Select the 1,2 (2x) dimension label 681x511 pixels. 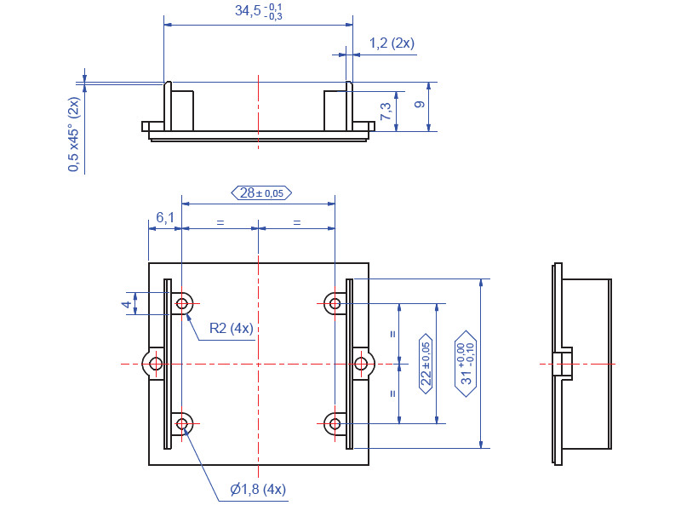pyautogui.click(x=392, y=43)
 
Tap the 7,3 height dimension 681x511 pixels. pyautogui.click(x=386, y=111)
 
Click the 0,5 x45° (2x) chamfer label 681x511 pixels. pyautogui.click(x=74, y=135)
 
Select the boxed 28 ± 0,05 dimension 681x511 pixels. pyautogui.click(x=261, y=193)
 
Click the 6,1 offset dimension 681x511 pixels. pyautogui.click(x=164, y=218)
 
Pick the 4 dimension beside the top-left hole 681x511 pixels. pyautogui.click(x=126, y=303)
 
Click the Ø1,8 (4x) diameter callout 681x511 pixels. pyautogui.click(x=258, y=489)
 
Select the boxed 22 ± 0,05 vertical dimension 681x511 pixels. pyautogui.click(x=426, y=362)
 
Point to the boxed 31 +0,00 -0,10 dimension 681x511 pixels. pyautogui.click(x=466, y=361)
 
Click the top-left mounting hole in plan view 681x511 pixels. pyautogui.click(x=182, y=302)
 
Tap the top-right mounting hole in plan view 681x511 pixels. pyautogui.click(x=335, y=302)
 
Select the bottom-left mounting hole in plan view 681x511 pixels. pyautogui.click(x=182, y=423)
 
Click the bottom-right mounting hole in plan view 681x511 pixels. pyautogui.click(x=335, y=423)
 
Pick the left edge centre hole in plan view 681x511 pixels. pyautogui.click(x=155, y=365)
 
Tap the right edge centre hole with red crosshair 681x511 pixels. pyautogui.click(x=362, y=365)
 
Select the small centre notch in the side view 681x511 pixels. pyautogui.click(x=563, y=365)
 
